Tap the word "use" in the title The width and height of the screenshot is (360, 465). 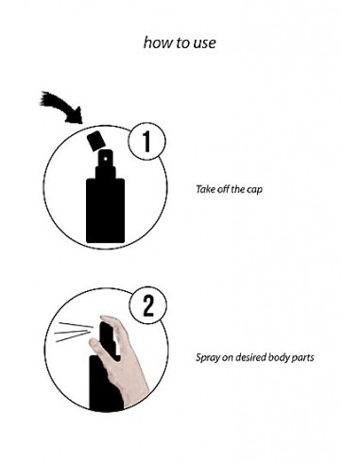[x=205, y=43]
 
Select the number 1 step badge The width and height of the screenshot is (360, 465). [x=147, y=141]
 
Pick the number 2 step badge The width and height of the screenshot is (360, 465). [x=148, y=305]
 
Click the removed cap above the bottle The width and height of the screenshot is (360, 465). [x=95, y=141]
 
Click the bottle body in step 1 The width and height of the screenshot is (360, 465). [x=106, y=211]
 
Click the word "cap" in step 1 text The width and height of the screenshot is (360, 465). [x=253, y=190]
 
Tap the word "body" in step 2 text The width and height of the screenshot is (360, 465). [x=277, y=358]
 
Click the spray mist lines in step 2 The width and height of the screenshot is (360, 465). [x=74, y=332]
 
